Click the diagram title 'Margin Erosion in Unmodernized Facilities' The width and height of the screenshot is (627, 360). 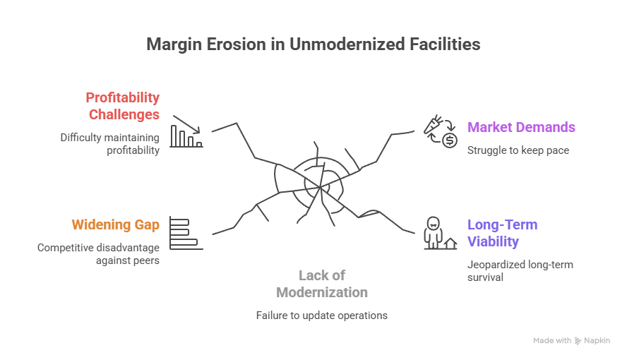(x=313, y=44)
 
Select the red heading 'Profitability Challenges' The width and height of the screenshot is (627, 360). (x=123, y=106)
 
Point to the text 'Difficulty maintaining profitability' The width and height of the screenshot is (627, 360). (x=110, y=143)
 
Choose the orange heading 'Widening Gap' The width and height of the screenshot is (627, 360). (x=115, y=225)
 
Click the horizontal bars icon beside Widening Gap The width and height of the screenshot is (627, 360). (x=186, y=234)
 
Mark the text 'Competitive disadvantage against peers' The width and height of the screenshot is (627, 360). (x=98, y=254)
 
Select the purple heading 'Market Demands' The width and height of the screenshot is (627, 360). (x=521, y=128)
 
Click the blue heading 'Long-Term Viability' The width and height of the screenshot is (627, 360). (x=502, y=233)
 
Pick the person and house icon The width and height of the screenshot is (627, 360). (x=438, y=234)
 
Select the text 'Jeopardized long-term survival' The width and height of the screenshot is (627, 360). (x=520, y=270)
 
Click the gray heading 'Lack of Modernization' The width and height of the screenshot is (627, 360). (x=322, y=284)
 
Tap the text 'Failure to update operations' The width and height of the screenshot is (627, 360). (x=322, y=316)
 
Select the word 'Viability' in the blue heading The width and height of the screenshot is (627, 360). (x=493, y=241)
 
